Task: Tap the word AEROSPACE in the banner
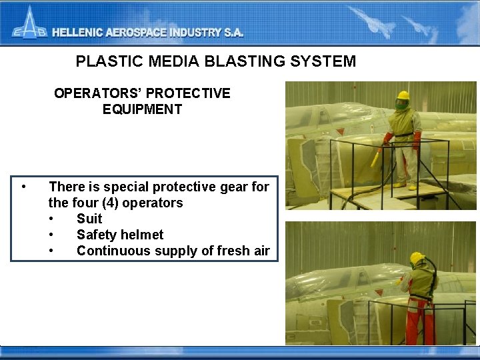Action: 141,32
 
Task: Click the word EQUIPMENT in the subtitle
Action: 142,109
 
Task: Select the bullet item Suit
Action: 89,219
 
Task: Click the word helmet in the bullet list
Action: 141,235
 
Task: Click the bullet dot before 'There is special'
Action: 23,187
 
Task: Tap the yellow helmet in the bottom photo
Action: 417,257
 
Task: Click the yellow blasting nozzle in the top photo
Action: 377,157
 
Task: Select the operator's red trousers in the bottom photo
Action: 421,323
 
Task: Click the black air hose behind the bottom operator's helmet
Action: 433,267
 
